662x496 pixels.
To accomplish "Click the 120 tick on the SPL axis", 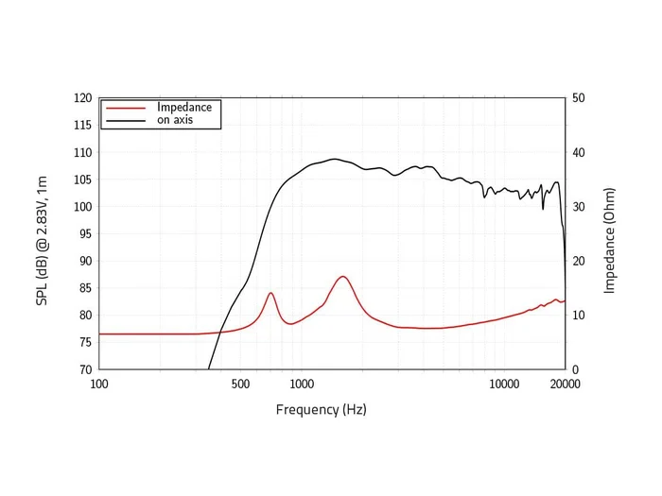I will pos(83,98).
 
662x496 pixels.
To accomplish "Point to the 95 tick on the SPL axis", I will pos(85,234).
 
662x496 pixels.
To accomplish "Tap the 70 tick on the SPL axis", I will pos(85,369).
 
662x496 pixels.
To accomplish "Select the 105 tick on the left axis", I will pos(83,180).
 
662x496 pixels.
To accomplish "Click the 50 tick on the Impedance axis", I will pos(579,98).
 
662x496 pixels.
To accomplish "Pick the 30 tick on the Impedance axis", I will pos(579,207).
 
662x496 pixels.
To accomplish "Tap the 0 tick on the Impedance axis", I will pos(576,369).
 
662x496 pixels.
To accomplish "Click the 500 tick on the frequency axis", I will pos(240,384).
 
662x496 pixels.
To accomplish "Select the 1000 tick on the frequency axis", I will pos(302,384).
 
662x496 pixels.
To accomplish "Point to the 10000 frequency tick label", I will pos(504,384).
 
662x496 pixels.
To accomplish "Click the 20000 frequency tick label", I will pos(565,384).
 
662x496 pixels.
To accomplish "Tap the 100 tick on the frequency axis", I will pos(98,384).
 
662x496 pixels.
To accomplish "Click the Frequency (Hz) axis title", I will pos(321,409).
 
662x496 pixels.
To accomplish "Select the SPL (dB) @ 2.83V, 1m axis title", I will pos(42,232).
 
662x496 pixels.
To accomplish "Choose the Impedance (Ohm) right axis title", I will pos(610,233).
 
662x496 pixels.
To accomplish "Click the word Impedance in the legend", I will pos(184,107).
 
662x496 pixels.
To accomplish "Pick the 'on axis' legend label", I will pos(175,120).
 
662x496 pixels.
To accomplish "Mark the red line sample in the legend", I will pos(127,108).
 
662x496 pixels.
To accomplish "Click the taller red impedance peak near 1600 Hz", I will pos(343,277).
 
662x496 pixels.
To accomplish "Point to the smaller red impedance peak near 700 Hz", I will pos(270,293).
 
